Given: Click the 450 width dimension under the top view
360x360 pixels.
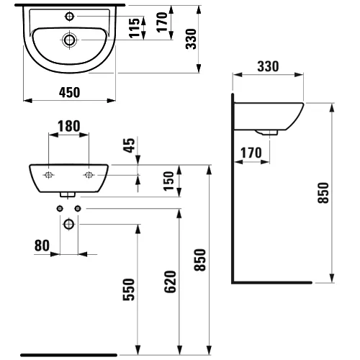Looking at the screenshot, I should pyautogui.click(x=69, y=91).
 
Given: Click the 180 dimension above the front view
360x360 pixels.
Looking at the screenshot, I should pyautogui.click(x=68, y=126).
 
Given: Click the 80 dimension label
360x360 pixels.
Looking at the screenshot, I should pyautogui.click(x=41, y=246).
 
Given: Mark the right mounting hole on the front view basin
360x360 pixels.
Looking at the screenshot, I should pyautogui.click(x=89, y=175).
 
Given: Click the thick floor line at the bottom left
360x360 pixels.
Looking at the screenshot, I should pyautogui.click(x=68, y=354).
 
